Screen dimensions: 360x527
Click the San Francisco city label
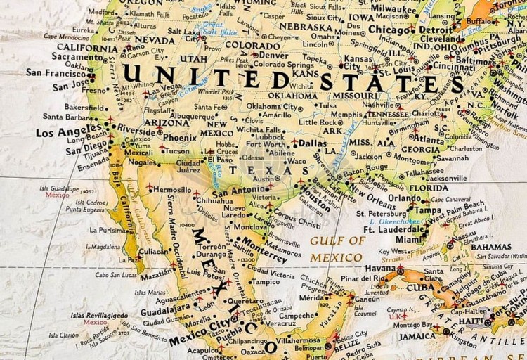point(56,72)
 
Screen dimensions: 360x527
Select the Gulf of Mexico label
point(337,249)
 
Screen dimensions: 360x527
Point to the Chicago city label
point(389,30)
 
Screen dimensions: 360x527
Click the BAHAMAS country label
point(491,247)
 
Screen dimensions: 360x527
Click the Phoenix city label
point(179,139)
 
